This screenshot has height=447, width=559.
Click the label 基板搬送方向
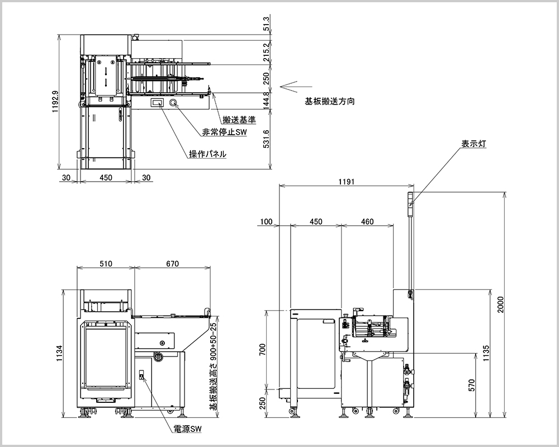330,102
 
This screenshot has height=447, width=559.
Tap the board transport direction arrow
295,87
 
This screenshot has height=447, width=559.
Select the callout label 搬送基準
239,120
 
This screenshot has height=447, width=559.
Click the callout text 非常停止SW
224,133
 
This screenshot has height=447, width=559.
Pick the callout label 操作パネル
207,154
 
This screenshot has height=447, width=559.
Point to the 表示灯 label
473,144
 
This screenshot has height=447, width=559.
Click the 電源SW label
187,429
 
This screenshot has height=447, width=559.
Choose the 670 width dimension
172,264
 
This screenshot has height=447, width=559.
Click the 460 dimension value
367,222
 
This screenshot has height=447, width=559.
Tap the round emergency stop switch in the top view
173,103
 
